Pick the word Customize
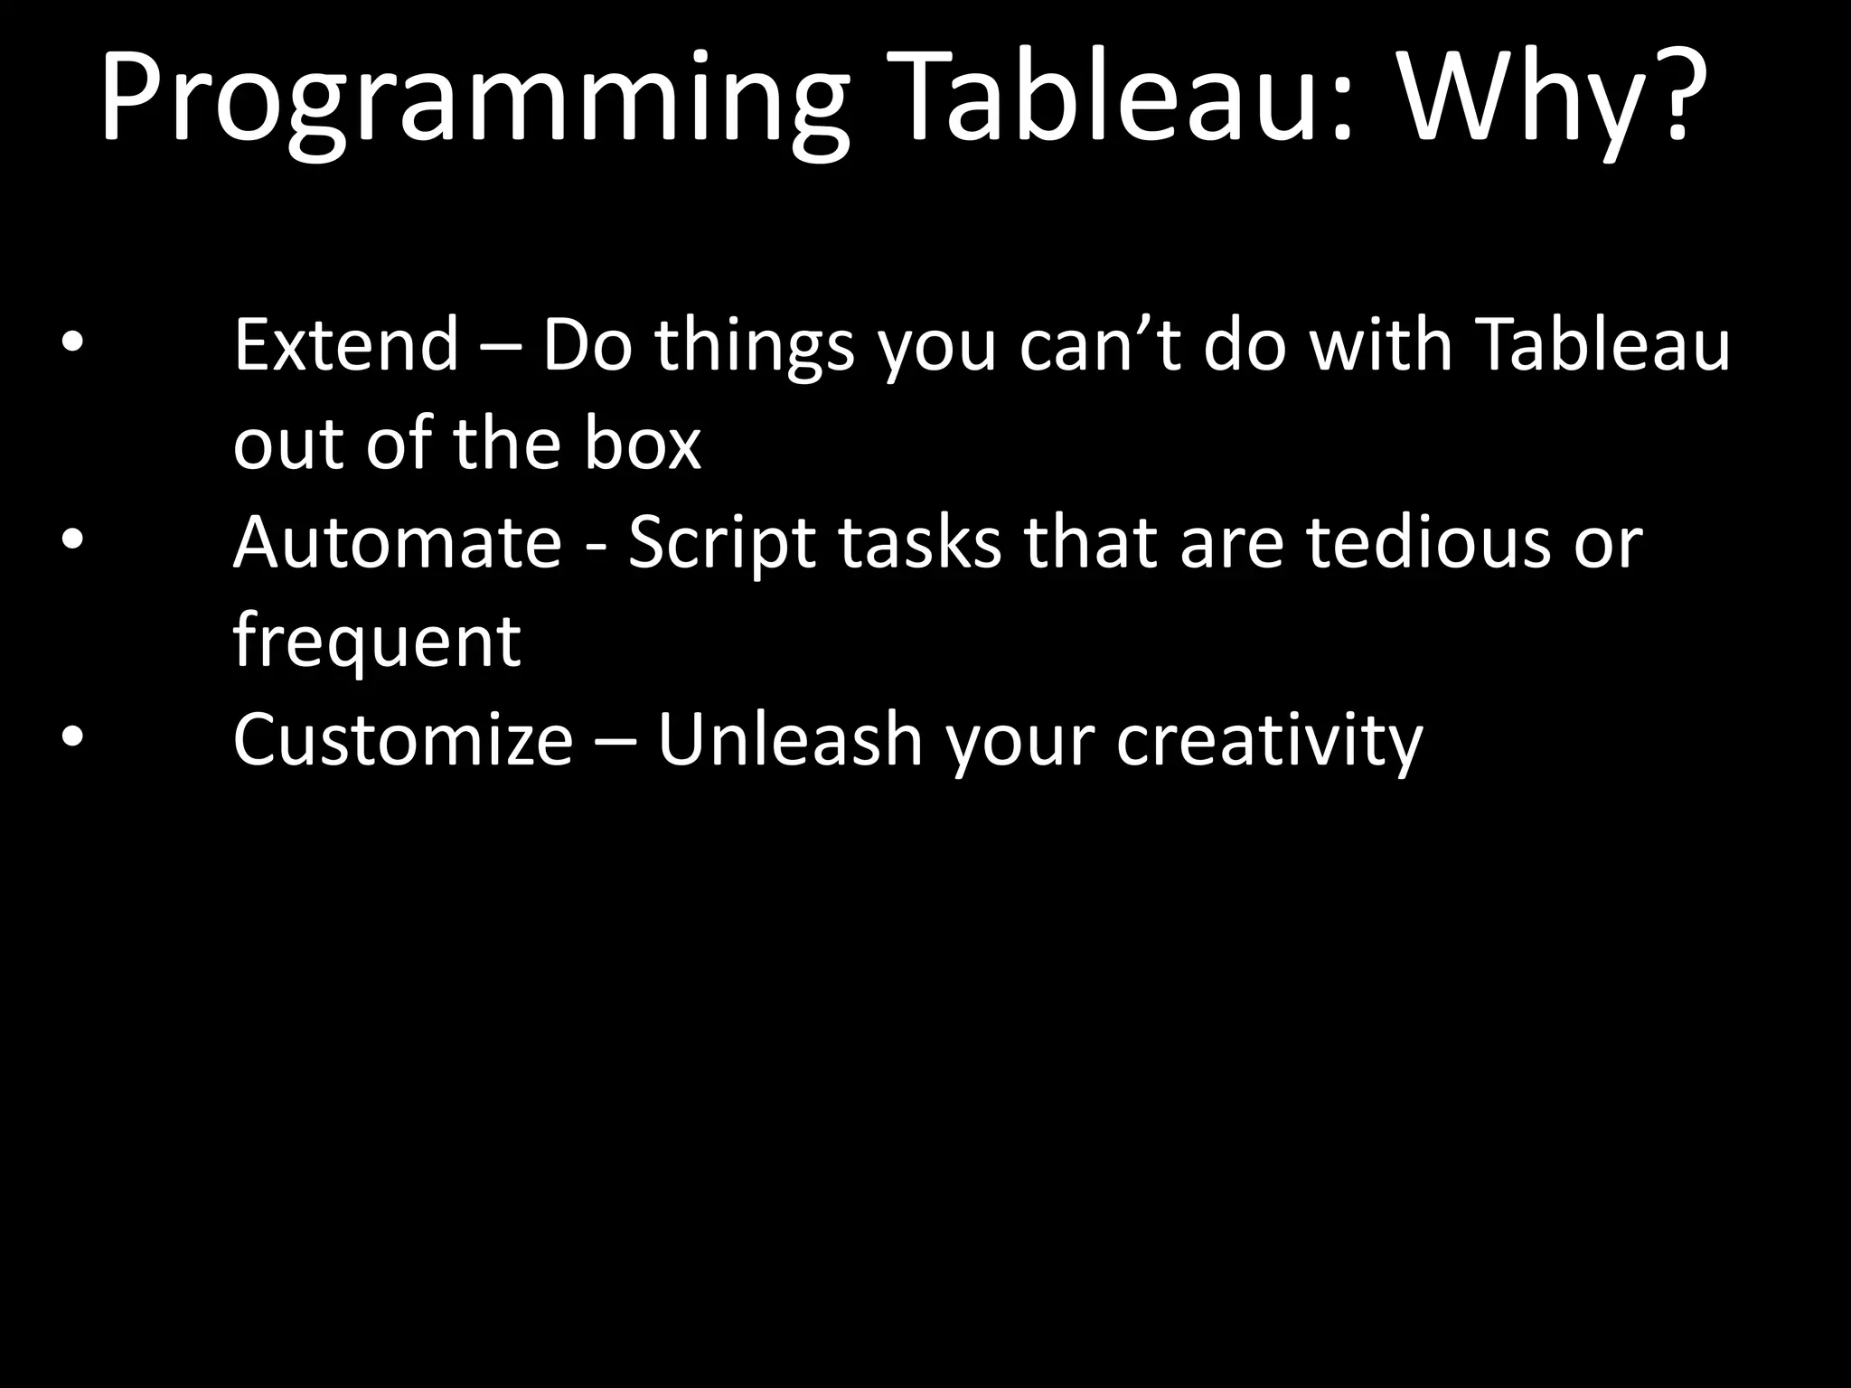(403, 739)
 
